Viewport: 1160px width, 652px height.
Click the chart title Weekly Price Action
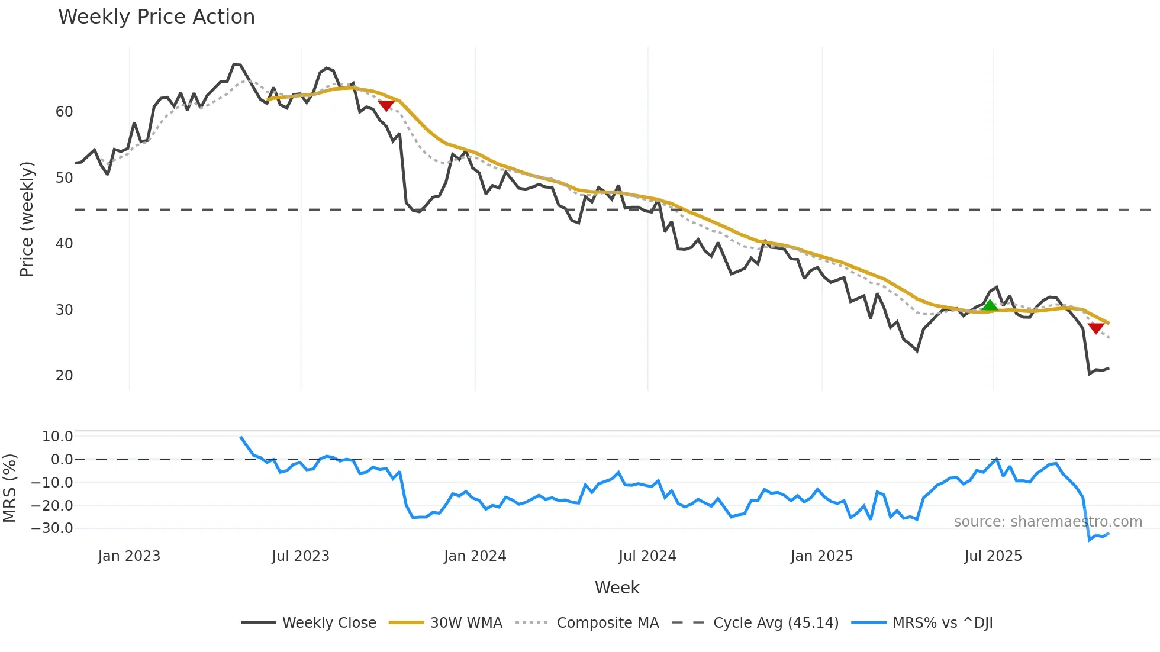point(156,17)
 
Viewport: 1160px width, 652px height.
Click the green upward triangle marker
point(990,305)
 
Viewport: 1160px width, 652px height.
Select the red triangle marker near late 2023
point(386,105)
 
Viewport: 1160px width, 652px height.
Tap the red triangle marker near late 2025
point(1095,328)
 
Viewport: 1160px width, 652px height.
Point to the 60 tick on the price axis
point(64,112)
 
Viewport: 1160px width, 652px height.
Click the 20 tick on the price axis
point(64,376)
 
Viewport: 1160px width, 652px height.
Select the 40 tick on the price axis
point(64,244)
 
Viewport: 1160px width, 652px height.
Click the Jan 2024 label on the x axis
point(475,556)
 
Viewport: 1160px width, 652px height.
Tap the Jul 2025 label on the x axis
point(993,556)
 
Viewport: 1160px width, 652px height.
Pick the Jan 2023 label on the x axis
point(129,556)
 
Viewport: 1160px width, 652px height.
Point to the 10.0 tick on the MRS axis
point(57,437)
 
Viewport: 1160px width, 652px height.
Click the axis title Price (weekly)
point(27,219)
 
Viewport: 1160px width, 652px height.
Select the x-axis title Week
point(617,588)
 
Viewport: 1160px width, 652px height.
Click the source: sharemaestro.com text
point(1048,522)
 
